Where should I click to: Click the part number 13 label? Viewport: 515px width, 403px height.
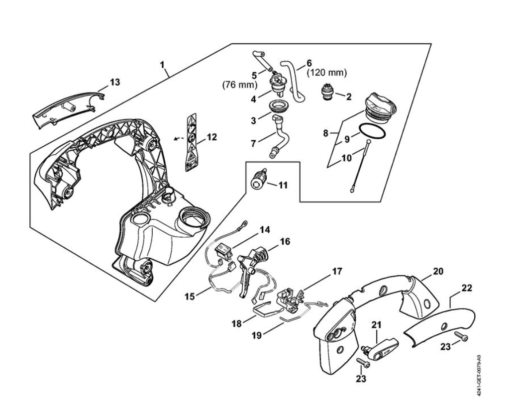pyautogui.click(x=115, y=82)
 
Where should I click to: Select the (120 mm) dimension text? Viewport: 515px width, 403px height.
pyautogui.click(x=326, y=73)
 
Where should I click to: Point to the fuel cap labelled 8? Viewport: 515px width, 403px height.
pyautogui.click(x=380, y=106)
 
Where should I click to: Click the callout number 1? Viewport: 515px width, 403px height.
pyautogui.click(x=162, y=64)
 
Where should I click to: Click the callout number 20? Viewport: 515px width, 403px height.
pyautogui.click(x=438, y=271)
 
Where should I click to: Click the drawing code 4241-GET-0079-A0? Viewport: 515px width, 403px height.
pyautogui.click(x=478, y=369)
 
